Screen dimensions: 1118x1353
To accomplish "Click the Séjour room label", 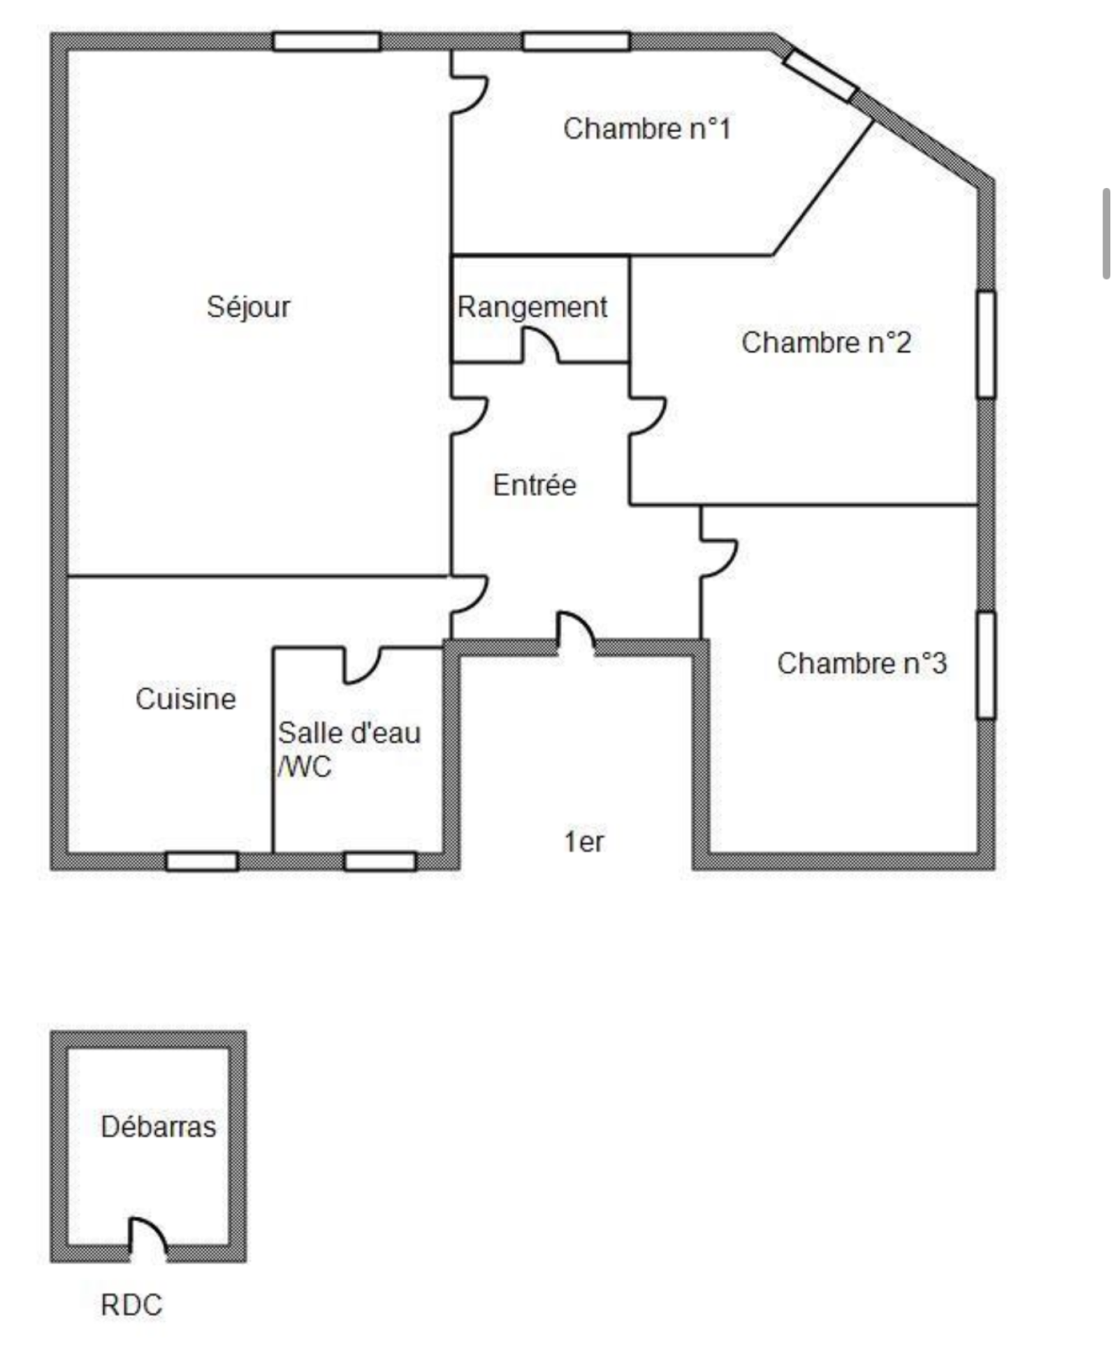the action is pos(248,307).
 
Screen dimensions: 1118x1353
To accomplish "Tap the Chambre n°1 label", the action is pos(647,129).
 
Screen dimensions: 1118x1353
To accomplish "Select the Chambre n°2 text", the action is pos(826,342).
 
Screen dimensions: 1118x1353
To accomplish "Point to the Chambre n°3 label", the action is pos(862,663).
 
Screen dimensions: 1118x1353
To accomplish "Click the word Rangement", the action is pos(532,307).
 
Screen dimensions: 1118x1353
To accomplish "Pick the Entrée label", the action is pos(535,485).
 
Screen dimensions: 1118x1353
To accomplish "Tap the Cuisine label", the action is pos(186,699).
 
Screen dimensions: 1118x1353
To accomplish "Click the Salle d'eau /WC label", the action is pos(348,750).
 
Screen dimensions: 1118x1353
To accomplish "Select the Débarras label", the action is pos(159,1127).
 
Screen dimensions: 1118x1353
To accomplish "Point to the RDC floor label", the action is pos(131,1305).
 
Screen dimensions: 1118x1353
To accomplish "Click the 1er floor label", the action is pos(583,841).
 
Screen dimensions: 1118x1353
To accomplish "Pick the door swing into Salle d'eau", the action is pos(362,665).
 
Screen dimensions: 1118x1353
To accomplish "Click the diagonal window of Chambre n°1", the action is pos(820,75).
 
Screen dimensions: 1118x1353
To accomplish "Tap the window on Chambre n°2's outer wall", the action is pos(986,344).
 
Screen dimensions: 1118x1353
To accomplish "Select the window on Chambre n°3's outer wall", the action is pos(986,665).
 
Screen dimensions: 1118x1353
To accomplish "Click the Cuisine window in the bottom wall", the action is pos(202,861).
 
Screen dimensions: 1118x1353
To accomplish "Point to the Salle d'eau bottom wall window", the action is pos(380,861).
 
